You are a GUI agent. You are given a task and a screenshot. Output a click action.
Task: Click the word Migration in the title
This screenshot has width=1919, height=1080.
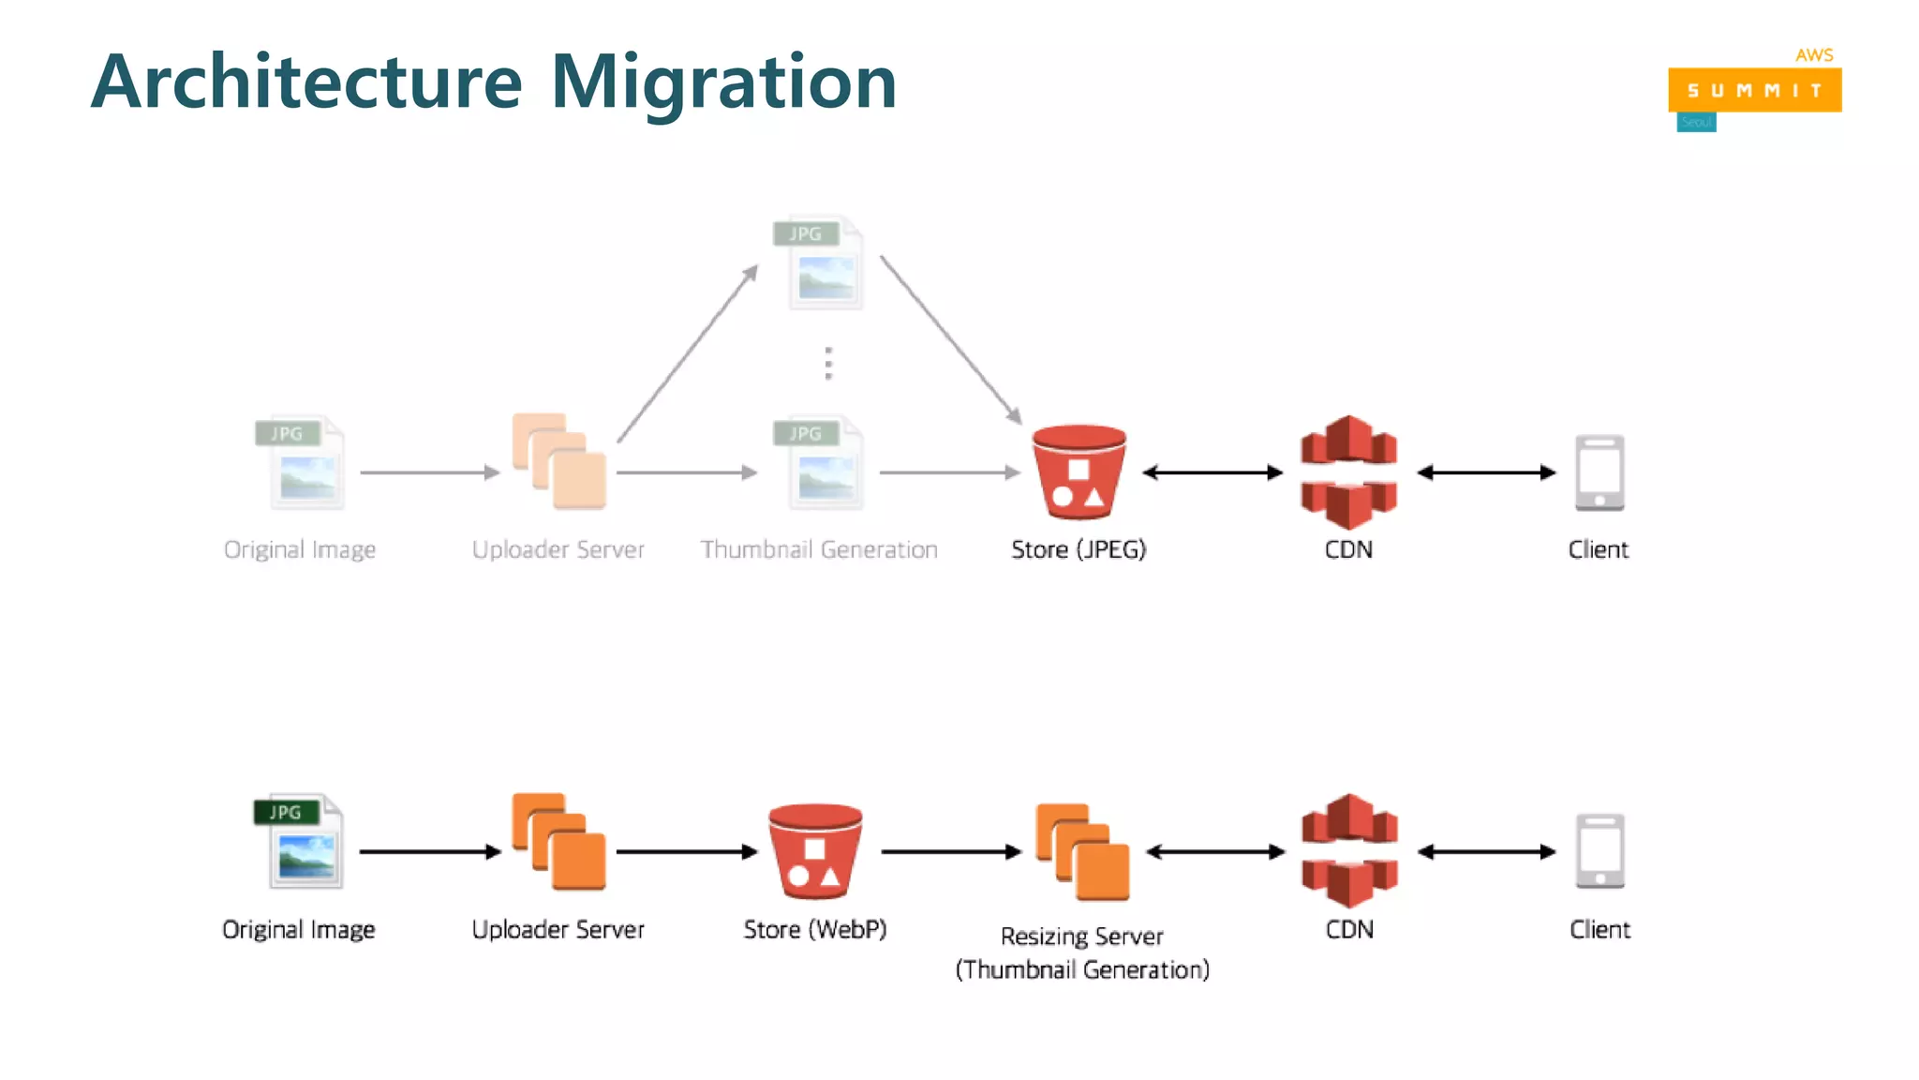[x=723, y=82]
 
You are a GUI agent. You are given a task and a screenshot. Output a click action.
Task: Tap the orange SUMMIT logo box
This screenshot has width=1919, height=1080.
[x=1754, y=90]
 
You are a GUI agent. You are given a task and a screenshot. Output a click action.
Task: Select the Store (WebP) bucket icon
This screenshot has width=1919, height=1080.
[x=815, y=851]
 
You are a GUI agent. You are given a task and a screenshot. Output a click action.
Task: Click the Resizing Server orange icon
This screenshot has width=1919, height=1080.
[x=1082, y=851]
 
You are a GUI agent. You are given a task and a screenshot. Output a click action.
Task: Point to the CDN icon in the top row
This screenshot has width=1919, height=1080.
[x=1348, y=472]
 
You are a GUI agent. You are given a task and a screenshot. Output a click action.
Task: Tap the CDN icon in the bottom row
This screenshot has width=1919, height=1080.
[x=1349, y=851]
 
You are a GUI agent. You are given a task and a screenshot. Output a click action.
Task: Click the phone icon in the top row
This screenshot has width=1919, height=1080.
[x=1599, y=472]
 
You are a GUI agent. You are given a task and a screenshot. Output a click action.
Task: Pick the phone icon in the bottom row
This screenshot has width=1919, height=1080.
[x=1599, y=851]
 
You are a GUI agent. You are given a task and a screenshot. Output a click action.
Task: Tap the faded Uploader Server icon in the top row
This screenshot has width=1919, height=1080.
[x=559, y=461]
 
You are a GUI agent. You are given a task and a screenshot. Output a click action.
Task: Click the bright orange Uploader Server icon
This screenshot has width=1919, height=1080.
[x=559, y=842]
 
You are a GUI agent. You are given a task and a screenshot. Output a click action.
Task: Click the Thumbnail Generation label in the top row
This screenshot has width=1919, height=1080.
[x=818, y=549]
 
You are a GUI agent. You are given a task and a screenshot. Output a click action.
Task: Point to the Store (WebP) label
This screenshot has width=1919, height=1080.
[x=814, y=929]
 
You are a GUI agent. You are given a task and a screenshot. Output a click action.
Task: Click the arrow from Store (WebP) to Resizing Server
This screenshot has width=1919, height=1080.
[x=950, y=851]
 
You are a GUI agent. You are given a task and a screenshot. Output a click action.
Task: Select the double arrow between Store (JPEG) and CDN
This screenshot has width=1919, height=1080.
[x=1212, y=472]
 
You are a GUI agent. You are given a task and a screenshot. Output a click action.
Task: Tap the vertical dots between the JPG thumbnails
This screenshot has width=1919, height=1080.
[x=828, y=364]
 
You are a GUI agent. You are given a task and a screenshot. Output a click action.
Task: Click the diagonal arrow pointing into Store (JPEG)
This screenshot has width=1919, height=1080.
[x=950, y=339]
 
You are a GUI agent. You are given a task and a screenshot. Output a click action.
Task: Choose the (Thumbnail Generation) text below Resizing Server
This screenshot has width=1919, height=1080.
[x=1082, y=969]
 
